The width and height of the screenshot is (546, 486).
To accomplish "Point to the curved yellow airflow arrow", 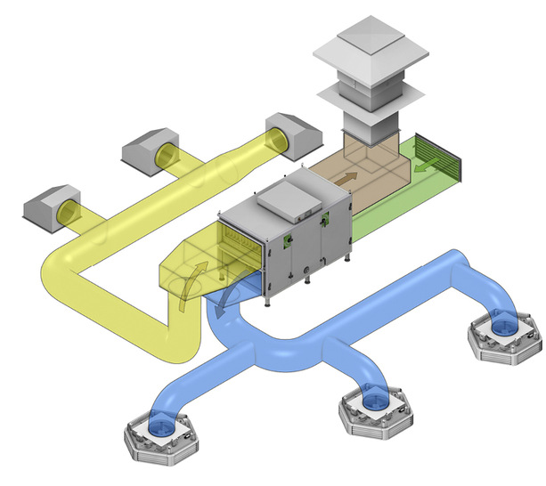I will tap(191, 282).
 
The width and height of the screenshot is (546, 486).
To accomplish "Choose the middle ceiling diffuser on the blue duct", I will tap(373, 408).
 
